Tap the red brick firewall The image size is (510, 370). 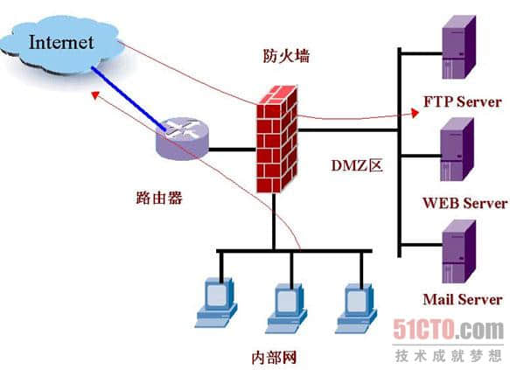pyautogui.click(x=276, y=140)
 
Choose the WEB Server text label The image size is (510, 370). pyautogui.click(x=465, y=203)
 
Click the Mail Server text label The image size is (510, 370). pyautogui.click(x=462, y=300)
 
